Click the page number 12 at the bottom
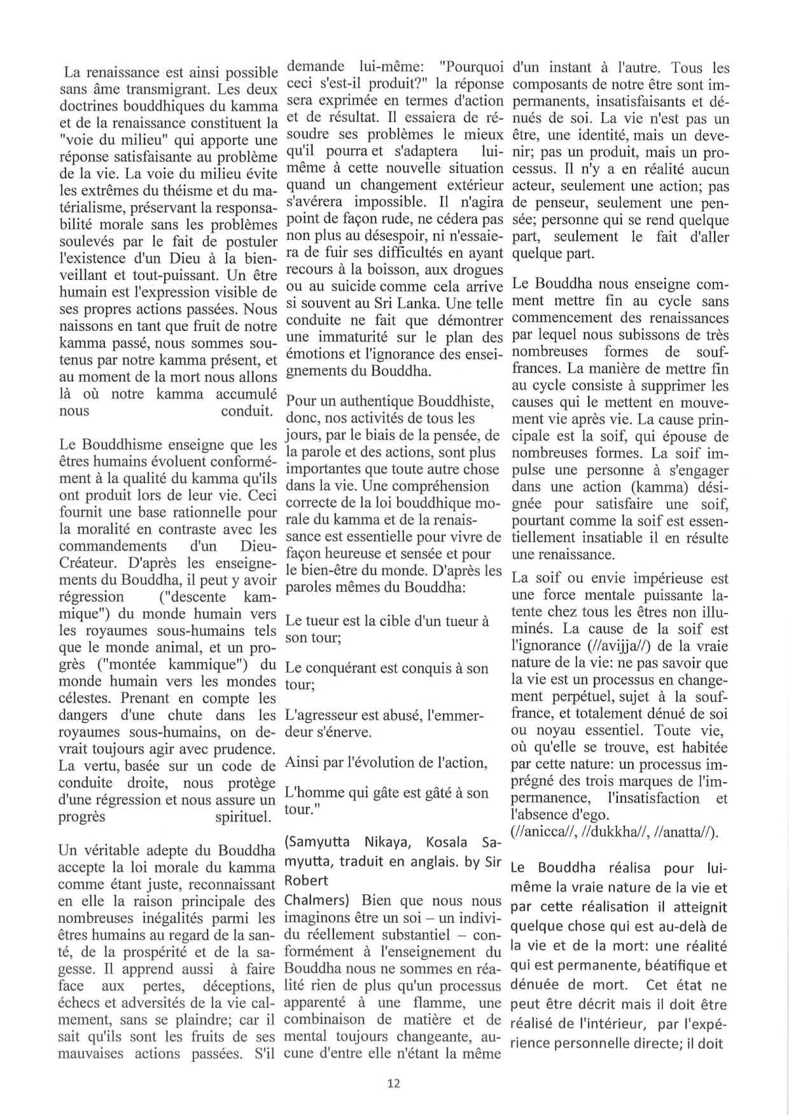click(393, 1083)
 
